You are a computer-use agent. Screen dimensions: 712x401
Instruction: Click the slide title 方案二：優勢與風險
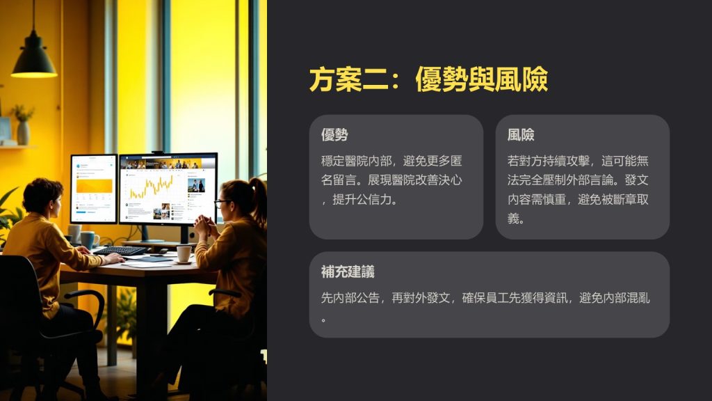428,79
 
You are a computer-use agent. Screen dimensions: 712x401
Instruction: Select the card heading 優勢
334,134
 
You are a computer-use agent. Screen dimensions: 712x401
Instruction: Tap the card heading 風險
520,134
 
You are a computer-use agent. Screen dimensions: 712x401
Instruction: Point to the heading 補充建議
348,272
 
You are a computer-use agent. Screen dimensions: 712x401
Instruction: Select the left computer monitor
94,189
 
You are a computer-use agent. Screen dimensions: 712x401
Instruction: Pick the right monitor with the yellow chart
168,189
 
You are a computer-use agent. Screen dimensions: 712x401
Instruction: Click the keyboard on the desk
120,250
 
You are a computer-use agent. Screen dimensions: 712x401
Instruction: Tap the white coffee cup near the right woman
184,253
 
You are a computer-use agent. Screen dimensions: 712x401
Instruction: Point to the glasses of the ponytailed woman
222,203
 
